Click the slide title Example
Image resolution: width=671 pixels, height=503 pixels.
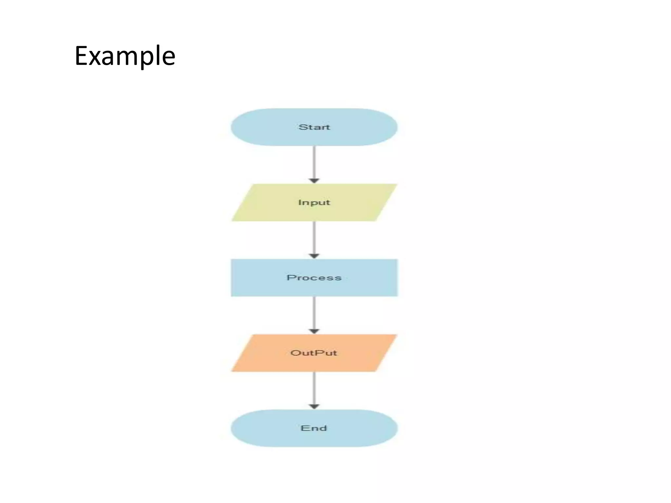[125, 56]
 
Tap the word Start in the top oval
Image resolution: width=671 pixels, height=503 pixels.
[314, 127]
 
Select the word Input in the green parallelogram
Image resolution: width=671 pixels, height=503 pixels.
[314, 203]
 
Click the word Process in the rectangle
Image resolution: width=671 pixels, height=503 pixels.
[314, 278]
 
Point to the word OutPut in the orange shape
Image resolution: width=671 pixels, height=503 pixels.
[314, 353]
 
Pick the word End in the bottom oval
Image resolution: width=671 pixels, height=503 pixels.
[314, 428]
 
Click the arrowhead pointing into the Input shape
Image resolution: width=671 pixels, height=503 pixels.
[314, 181]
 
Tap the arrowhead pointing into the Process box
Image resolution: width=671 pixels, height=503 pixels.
[314, 256]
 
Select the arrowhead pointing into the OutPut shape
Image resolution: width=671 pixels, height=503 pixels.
[314, 331]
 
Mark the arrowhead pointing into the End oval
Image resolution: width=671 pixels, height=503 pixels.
[314, 407]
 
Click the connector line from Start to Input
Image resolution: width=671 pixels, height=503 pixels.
[314, 162]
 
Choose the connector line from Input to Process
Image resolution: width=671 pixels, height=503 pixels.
[314, 237]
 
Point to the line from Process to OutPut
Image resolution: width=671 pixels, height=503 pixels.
[314, 313]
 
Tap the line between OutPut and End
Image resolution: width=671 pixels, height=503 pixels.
[314, 388]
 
